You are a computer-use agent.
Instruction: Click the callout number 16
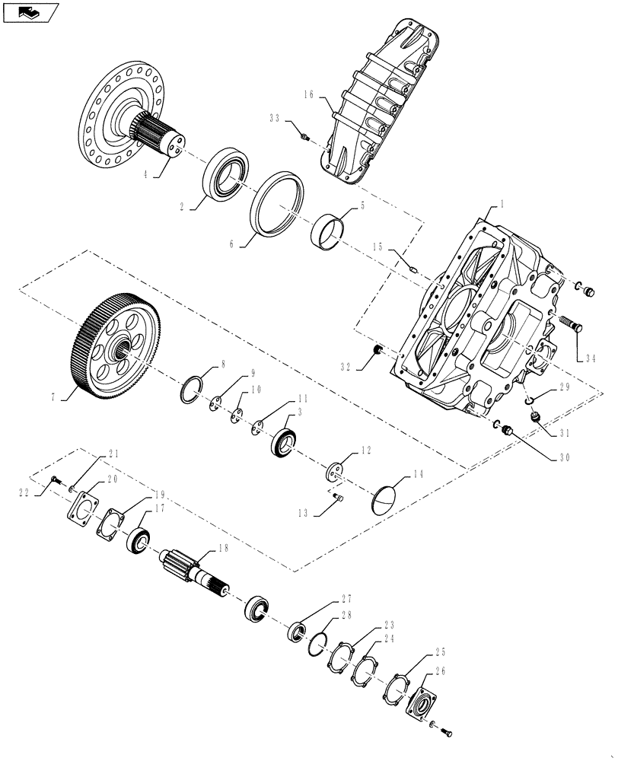click(308, 96)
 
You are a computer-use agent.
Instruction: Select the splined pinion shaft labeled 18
click(197, 575)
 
